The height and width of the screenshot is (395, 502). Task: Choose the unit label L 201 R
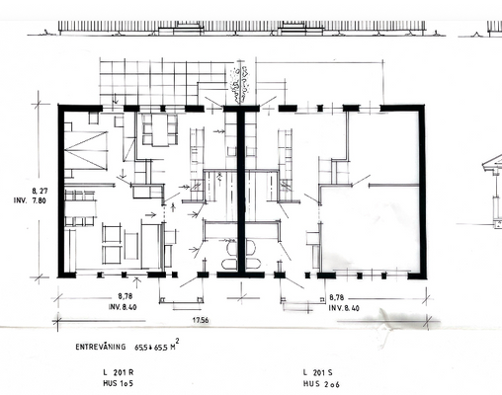click(118, 372)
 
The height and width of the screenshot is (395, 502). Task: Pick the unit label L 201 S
click(318, 372)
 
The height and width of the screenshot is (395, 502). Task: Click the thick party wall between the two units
click(240, 188)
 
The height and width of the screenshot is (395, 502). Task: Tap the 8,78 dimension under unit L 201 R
click(125, 295)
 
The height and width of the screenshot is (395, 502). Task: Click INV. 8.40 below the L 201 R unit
click(126, 306)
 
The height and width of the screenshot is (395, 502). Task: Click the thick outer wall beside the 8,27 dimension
click(59, 188)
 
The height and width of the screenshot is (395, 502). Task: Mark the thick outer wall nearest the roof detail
click(423, 188)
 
